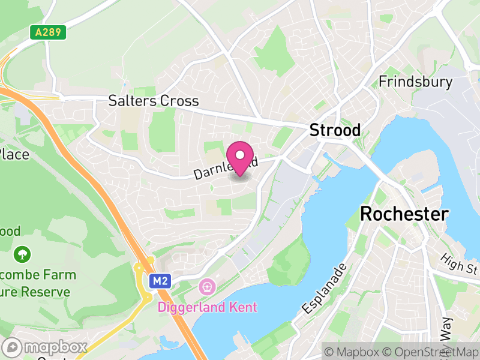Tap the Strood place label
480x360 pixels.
(335, 130)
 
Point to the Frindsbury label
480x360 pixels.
(415, 82)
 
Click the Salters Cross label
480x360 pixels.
(153, 101)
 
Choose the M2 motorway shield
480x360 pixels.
(159, 280)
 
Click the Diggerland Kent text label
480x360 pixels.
(207, 307)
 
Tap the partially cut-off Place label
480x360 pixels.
(14, 154)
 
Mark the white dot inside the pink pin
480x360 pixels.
(241, 155)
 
